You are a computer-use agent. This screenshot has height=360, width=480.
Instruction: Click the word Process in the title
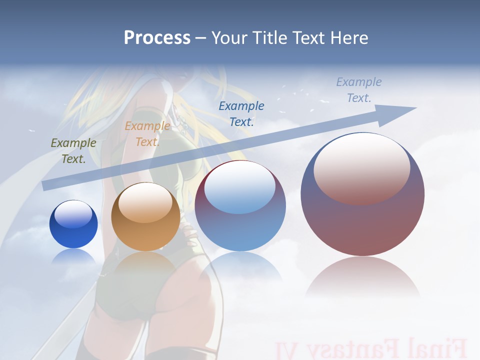157,38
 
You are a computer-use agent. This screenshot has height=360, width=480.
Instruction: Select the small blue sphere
73,224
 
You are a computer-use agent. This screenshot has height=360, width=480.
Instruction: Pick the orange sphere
145,217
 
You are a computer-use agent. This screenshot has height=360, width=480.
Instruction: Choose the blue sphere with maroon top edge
240,205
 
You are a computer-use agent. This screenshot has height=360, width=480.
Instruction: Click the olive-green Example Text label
73,151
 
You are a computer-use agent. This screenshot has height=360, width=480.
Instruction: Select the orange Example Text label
147,134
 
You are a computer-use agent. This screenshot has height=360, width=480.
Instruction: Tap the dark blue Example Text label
241,113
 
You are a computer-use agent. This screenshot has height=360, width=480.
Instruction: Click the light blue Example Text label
359,90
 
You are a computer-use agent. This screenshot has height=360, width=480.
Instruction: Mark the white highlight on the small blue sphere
73,214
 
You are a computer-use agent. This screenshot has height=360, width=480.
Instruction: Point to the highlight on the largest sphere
361,168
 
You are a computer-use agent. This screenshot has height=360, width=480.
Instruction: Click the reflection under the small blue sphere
73,256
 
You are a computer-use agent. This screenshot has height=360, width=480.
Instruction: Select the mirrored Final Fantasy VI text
370,348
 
